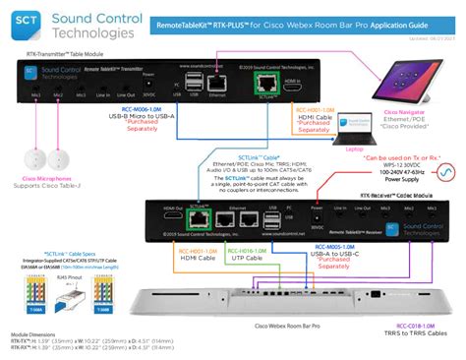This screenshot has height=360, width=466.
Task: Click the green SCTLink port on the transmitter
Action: tap(264, 83)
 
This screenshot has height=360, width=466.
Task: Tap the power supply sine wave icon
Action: tap(445, 174)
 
